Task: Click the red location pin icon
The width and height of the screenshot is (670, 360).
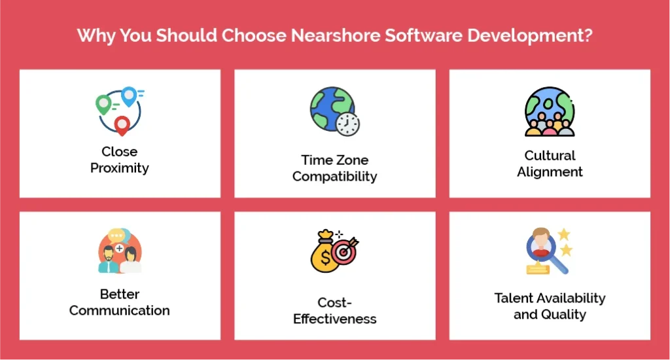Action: coord(122,124)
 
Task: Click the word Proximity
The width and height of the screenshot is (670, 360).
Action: coord(120,168)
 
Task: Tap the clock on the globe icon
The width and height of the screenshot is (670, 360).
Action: coord(347,122)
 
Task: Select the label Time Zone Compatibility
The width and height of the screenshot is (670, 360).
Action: coord(334,168)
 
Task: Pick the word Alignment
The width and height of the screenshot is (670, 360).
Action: coord(550,172)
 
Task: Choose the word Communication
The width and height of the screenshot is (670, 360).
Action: coord(120,310)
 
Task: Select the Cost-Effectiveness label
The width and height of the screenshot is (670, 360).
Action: coord(334,311)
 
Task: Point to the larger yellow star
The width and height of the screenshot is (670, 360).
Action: coord(564,234)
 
